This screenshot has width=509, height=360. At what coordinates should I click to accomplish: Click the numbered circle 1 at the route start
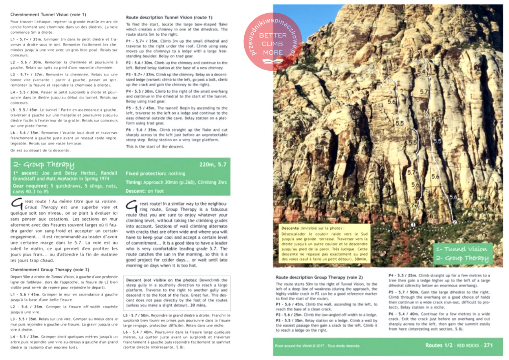pyautogui.click(x=413, y=224)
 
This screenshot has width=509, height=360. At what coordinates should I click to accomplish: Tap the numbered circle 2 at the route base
pyautogui.click(x=455, y=223)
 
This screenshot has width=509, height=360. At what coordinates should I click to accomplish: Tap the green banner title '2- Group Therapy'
pyautogui.click(x=44, y=164)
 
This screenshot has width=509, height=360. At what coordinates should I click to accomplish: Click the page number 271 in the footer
pyautogui.click(x=487, y=345)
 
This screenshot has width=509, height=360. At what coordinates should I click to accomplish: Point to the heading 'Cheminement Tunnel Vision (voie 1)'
pyautogui.click(x=48, y=15)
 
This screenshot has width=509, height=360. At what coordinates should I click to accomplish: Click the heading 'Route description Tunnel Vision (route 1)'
pyautogui.click(x=169, y=17)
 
